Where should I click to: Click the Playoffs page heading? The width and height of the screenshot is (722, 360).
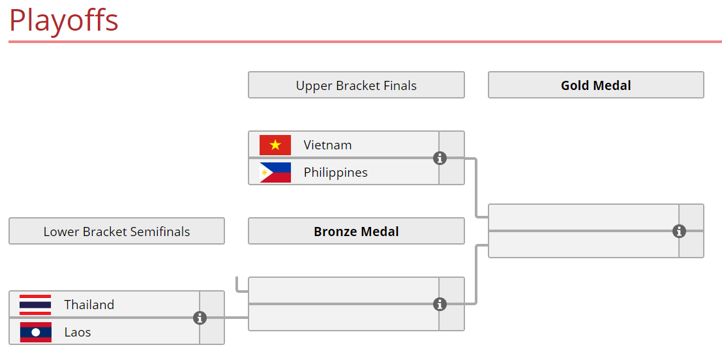click(63, 20)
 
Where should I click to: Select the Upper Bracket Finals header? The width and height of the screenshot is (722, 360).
click(356, 85)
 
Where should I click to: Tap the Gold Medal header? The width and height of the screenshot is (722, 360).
click(596, 85)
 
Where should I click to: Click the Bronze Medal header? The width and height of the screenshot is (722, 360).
click(356, 231)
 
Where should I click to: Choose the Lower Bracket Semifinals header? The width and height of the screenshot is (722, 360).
click(117, 231)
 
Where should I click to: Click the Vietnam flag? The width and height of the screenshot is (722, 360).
click(275, 145)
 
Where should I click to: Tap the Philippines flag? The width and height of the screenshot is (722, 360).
click(275, 172)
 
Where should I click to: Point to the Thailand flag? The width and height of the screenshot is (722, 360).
click(35, 305)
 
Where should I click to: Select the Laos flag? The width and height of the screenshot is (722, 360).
click(35, 332)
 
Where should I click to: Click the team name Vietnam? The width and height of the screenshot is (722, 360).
click(327, 145)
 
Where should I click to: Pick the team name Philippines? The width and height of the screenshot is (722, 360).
click(336, 173)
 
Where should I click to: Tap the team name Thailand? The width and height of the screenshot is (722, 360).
click(89, 305)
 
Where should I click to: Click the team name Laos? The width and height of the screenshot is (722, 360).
click(78, 332)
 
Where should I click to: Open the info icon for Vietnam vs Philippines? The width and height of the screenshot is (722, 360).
click(440, 158)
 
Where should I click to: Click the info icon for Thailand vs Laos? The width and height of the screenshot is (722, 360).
click(200, 318)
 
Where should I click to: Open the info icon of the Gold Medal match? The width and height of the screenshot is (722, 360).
click(679, 231)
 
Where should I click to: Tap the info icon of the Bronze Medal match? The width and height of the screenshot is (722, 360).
click(440, 304)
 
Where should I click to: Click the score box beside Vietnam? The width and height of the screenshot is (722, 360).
click(451, 145)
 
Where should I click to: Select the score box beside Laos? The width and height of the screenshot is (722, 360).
click(212, 331)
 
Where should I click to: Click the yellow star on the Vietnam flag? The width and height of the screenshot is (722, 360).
click(275, 145)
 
